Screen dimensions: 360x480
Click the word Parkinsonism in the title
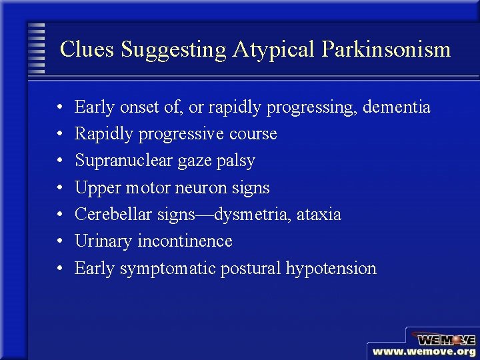click(386, 49)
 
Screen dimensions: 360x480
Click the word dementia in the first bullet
click(397, 107)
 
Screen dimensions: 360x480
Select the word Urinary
click(103, 241)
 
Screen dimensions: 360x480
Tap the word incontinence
click(185, 241)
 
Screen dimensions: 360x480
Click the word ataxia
click(319, 214)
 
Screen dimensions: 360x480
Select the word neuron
click(199, 187)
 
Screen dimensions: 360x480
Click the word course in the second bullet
click(253, 133)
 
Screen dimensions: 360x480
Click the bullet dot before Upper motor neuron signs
click(60, 188)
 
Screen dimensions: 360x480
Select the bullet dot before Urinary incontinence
click(60, 241)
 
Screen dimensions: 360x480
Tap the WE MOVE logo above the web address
click(443, 339)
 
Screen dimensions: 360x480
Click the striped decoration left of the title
click(36, 49)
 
